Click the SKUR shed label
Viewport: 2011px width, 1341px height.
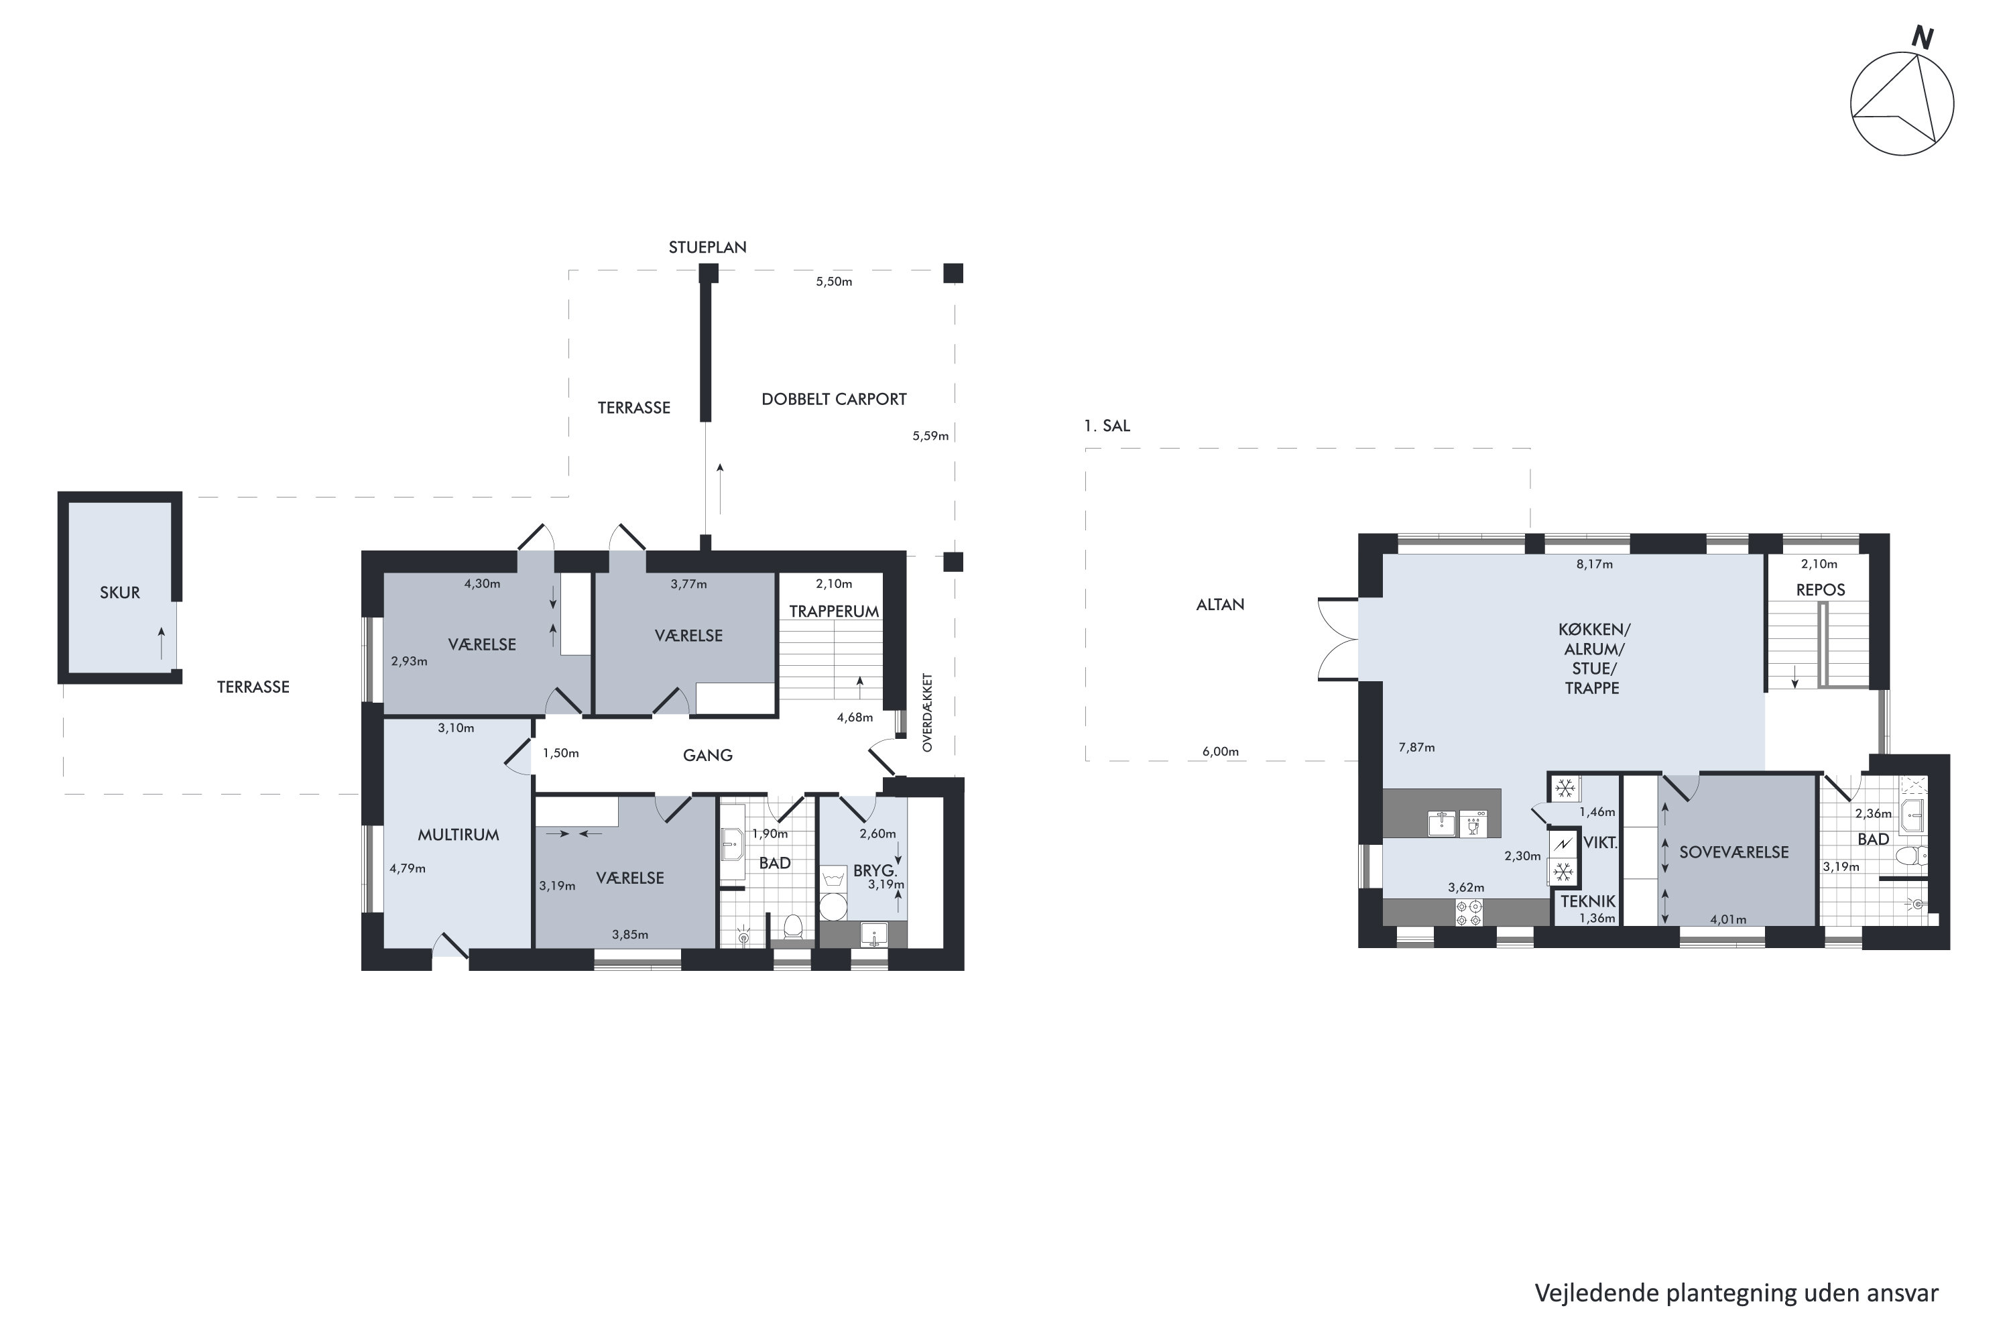point(120,593)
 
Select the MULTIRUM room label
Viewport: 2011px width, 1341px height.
point(459,835)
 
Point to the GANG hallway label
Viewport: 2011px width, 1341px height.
point(707,755)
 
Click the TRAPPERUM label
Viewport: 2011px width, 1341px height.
point(834,611)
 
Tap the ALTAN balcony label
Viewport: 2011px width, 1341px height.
point(1220,605)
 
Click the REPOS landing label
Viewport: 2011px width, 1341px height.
point(1821,590)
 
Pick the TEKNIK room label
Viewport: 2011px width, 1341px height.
point(1588,900)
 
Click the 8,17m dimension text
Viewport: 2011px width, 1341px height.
point(1595,565)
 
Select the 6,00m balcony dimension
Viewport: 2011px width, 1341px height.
point(1220,752)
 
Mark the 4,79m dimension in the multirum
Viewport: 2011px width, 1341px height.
point(407,868)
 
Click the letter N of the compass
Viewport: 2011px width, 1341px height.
point(1922,38)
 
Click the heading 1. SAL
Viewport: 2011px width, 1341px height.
point(1107,426)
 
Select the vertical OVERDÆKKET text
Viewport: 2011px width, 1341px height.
point(928,712)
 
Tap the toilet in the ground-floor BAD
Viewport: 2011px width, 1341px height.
point(792,925)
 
